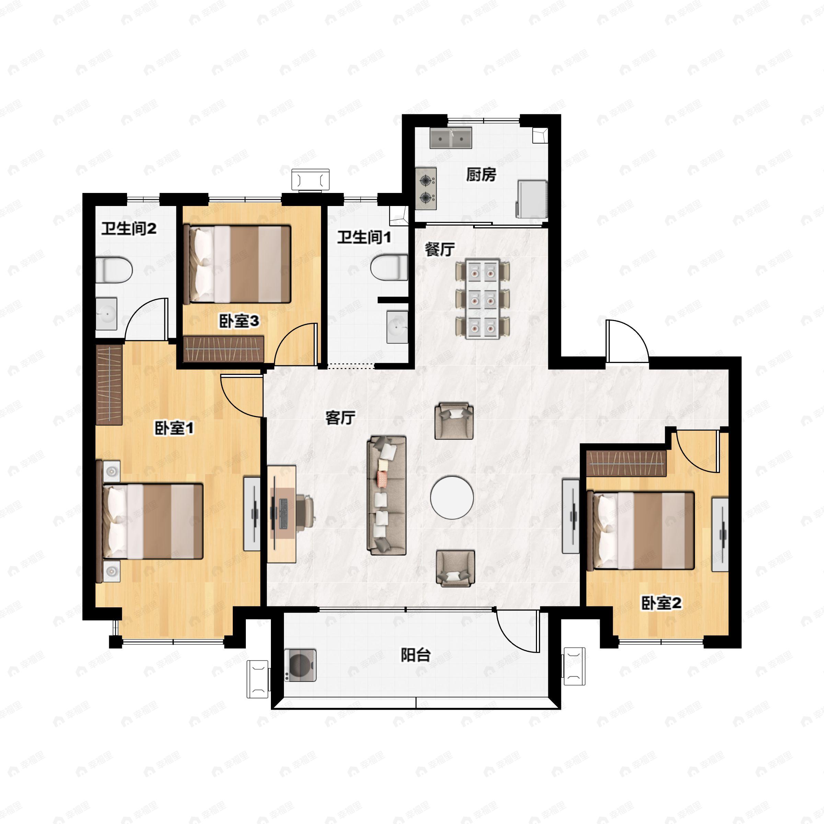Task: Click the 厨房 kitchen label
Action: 481,175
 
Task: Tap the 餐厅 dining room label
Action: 440,250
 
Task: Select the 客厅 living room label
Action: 340,418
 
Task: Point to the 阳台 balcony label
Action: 415,655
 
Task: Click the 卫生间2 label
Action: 129,229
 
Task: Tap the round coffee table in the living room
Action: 452,497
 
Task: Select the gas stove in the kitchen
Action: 426,188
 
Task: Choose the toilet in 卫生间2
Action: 113,270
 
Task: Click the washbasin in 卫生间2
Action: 106,313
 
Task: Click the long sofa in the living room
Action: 386,495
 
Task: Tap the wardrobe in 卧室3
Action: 224,349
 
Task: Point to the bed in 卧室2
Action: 640,530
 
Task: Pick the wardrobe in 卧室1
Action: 109,384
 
